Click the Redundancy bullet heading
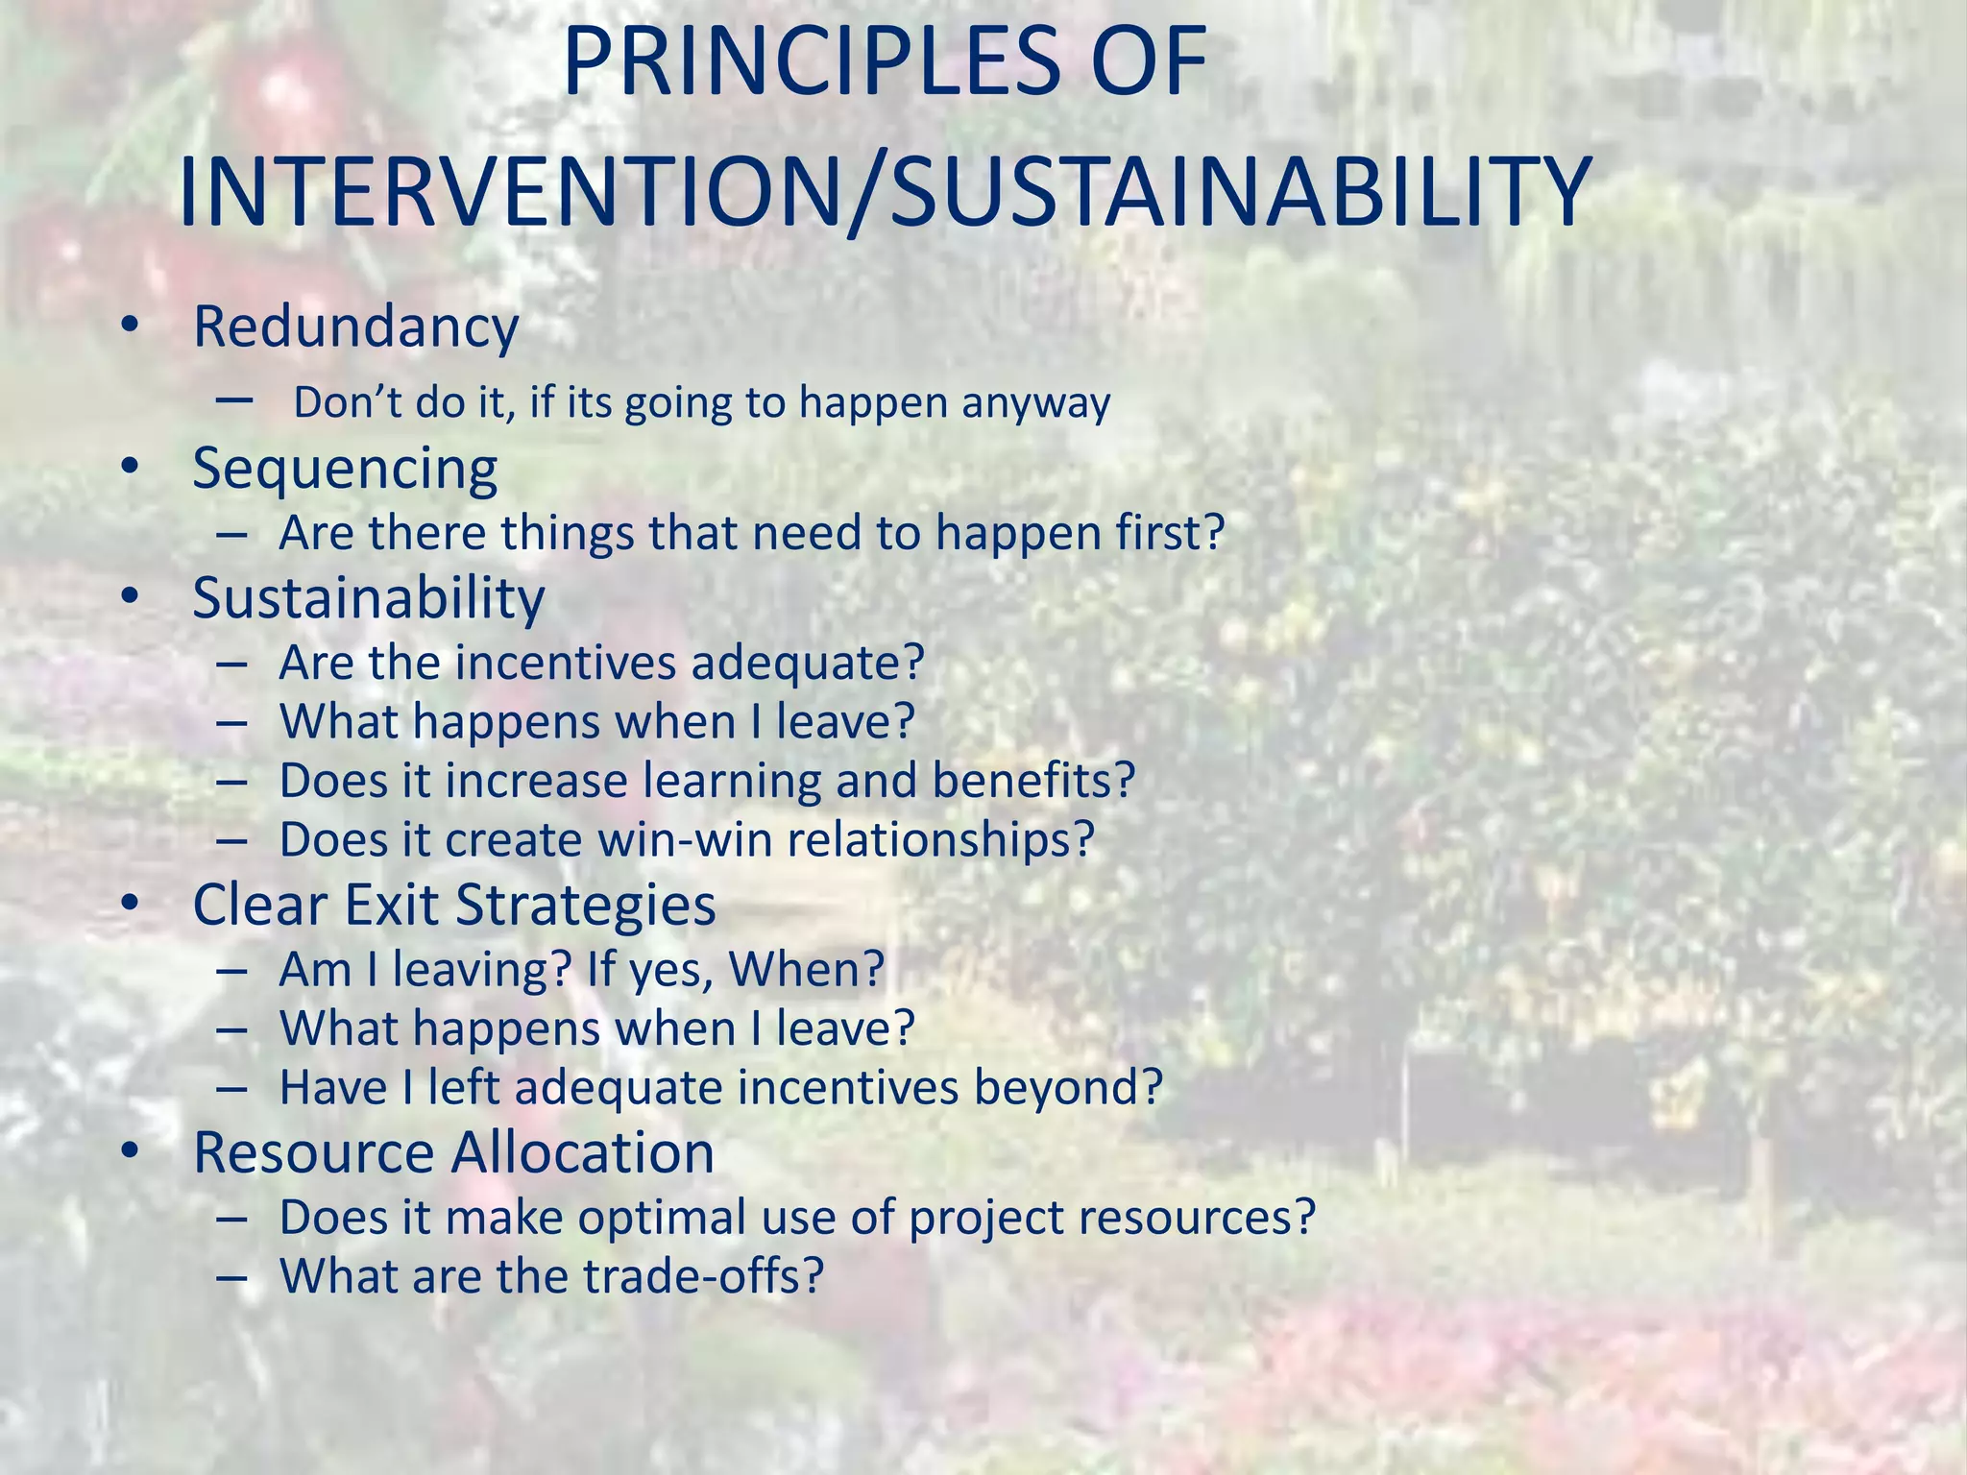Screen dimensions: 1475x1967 tap(355, 328)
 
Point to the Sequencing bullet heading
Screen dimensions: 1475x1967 tap(345, 471)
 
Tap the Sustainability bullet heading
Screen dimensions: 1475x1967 tap(369, 598)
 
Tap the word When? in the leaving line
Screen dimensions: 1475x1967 tap(807, 970)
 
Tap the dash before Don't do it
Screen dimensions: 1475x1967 tap(234, 399)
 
